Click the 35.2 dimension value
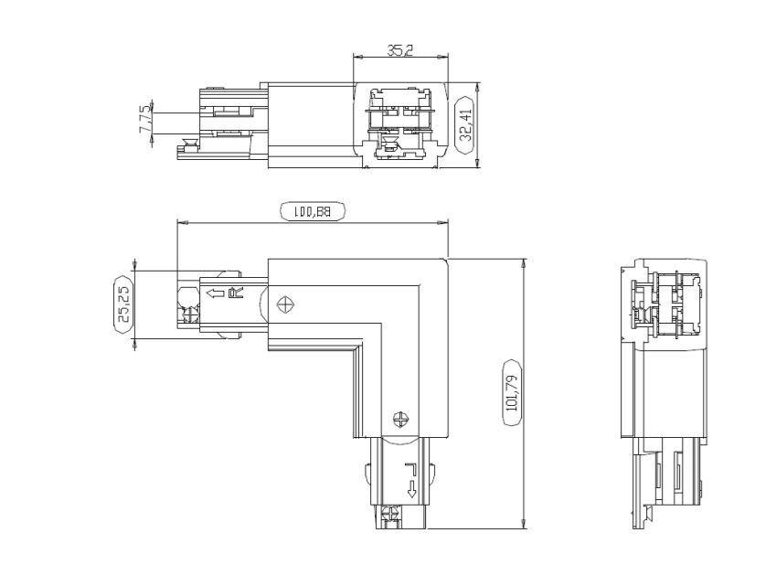click(399, 51)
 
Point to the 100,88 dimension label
click(312, 212)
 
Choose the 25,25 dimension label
click(123, 306)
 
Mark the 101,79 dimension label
click(512, 394)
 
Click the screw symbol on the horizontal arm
click(287, 304)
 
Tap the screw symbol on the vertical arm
click(399, 420)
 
